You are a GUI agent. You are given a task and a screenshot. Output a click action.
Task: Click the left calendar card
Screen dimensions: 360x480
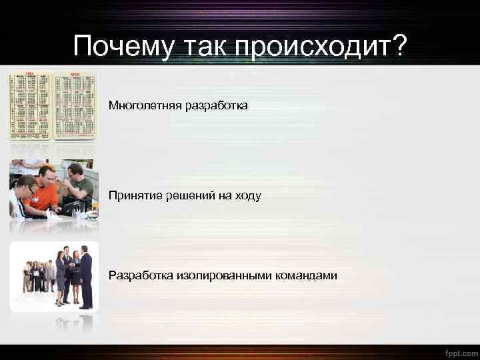30,105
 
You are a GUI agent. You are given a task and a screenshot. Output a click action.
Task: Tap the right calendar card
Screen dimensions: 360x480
75,105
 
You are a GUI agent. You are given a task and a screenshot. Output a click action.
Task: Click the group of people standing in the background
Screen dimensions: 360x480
39,275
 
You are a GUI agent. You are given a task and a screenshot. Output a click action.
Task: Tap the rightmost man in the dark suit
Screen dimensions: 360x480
86,279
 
